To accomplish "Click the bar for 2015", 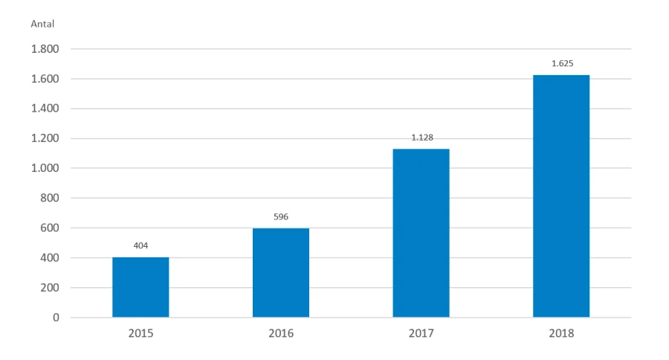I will (x=140, y=287).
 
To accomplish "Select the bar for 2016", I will (x=281, y=272).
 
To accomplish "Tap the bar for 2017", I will (x=421, y=233).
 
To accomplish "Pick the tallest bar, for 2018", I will (x=561, y=196).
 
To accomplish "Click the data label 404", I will (x=140, y=244).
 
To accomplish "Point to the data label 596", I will (x=281, y=216).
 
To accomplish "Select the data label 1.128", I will (x=421, y=137).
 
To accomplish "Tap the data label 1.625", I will (x=561, y=63).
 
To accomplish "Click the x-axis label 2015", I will (x=140, y=334).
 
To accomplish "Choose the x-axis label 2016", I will (x=281, y=334).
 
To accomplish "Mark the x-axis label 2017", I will (x=421, y=334).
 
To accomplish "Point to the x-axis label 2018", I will (x=561, y=334).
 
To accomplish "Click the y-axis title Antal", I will (x=42, y=24).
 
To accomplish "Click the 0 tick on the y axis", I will (x=55, y=318).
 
